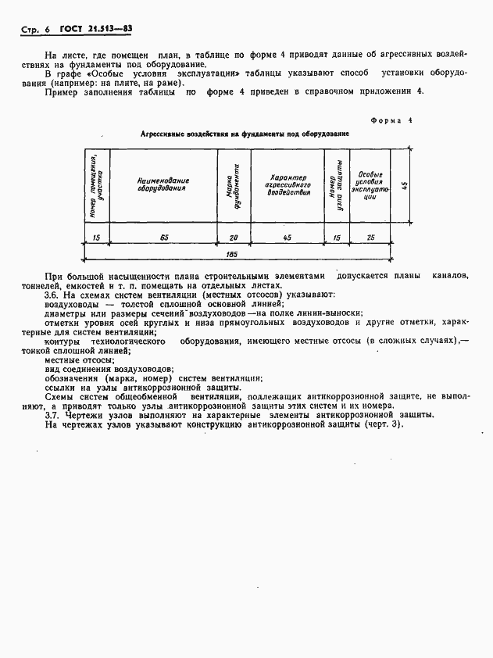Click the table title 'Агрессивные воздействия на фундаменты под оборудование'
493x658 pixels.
click(x=245, y=134)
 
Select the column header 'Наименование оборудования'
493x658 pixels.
click(x=164, y=184)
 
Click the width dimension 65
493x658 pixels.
click(x=164, y=236)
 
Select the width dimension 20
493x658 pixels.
click(x=234, y=236)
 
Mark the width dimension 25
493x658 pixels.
click(x=370, y=236)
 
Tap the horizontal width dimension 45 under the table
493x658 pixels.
click(x=288, y=236)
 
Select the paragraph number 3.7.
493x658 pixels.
click(x=52, y=416)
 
